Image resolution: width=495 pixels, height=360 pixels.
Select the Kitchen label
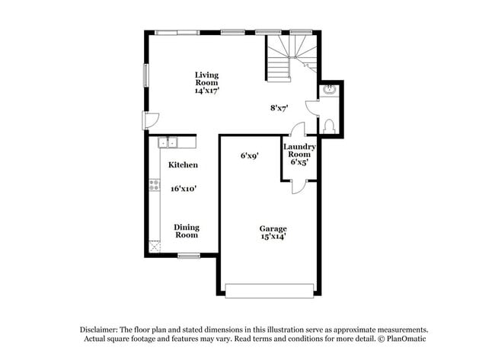(x=184, y=164)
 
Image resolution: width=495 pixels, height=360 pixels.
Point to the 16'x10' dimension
(x=184, y=188)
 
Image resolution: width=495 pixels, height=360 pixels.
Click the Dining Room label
(x=187, y=231)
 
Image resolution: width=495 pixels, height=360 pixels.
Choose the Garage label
(x=273, y=228)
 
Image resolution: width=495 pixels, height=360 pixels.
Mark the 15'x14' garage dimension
(x=273, y=237)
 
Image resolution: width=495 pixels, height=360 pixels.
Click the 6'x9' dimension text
(x=250, y=155)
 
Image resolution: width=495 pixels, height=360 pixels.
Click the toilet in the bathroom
(x=328, y=126)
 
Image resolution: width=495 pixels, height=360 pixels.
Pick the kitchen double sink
(x=168, y=141)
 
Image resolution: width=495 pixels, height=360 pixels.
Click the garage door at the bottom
(x=270, y=291)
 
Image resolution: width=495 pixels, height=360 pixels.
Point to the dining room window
(x=188, y=256)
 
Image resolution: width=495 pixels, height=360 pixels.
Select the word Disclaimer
(x=101, y=327)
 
